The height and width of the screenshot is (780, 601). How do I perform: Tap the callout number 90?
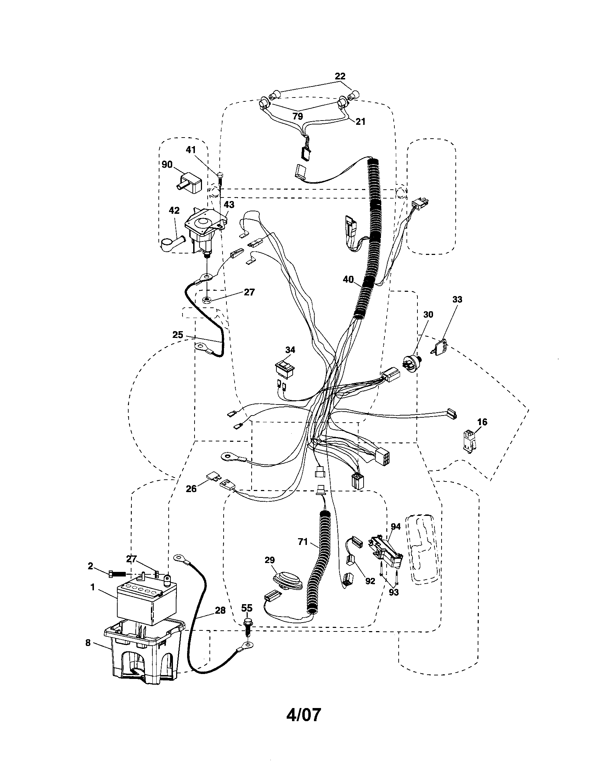click(x=167, y=165)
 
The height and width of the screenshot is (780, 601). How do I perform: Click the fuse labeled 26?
click(x=213, y=476)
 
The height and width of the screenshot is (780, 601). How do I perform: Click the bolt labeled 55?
click(x=248, y=625)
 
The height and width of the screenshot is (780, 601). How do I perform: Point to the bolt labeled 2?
click(x=117, y=574)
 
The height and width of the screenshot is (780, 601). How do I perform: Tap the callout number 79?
click(x=297, y=116)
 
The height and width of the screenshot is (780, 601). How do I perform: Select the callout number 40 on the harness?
click(x=348, y=279)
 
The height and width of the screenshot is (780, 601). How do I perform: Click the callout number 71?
click(x=303, y=542)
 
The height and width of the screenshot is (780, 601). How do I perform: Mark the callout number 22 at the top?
click(x=340, y=76)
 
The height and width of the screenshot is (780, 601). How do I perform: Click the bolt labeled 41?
click(x=220, y=178)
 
